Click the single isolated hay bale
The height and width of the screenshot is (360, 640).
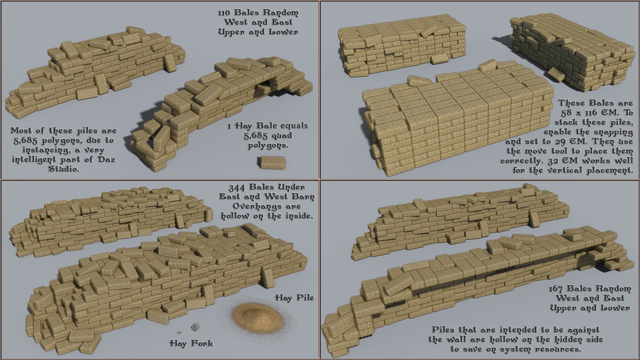point(272,162)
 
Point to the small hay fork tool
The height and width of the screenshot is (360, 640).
point(189,328)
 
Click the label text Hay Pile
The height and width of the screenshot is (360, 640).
point(294,298)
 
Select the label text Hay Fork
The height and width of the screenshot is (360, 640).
point(192,343)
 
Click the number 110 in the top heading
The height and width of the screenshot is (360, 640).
point(224,12)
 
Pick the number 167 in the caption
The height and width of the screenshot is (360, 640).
point(556,288)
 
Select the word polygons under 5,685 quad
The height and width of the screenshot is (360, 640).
point(268,146)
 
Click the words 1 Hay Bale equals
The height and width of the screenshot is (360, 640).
point(268,126)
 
